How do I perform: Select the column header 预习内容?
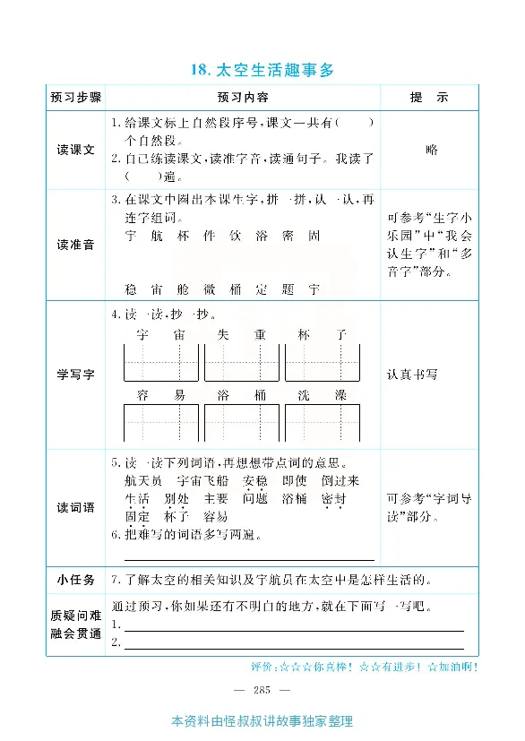pos(242,97)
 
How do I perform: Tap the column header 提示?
pos(428,97)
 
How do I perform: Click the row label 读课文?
pos(75,150)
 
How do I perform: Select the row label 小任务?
pos(75,579)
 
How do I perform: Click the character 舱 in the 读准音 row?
pos(184,289)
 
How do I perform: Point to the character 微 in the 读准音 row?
pos(210,289)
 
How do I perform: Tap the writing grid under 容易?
pos(161,422)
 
